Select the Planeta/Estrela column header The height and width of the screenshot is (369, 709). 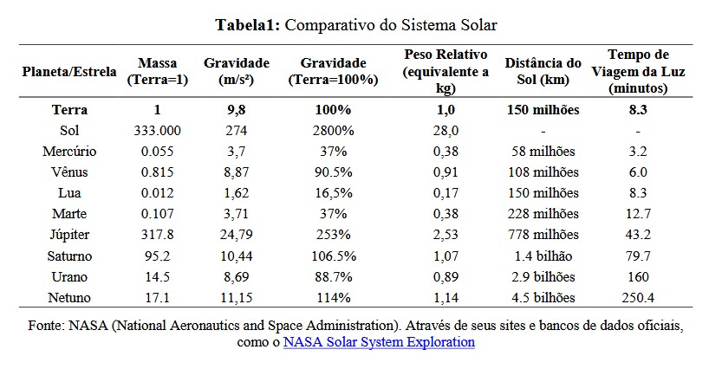[69, 71]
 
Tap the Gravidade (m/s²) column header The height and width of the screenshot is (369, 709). [237, 71]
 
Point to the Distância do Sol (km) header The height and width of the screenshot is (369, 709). [543, 71]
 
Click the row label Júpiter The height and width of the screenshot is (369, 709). [69, 235]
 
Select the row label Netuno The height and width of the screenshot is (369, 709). [69, 298]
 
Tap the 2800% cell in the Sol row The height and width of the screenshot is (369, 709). [334, 130]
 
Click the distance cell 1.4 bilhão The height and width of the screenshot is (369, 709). [543, 256]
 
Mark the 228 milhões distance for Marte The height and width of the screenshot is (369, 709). [543, 214]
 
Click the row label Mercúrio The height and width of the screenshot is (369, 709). [69, 151]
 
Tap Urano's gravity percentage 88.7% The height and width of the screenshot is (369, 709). [334, 277]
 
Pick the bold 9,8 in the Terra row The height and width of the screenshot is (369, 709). [237, 110]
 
